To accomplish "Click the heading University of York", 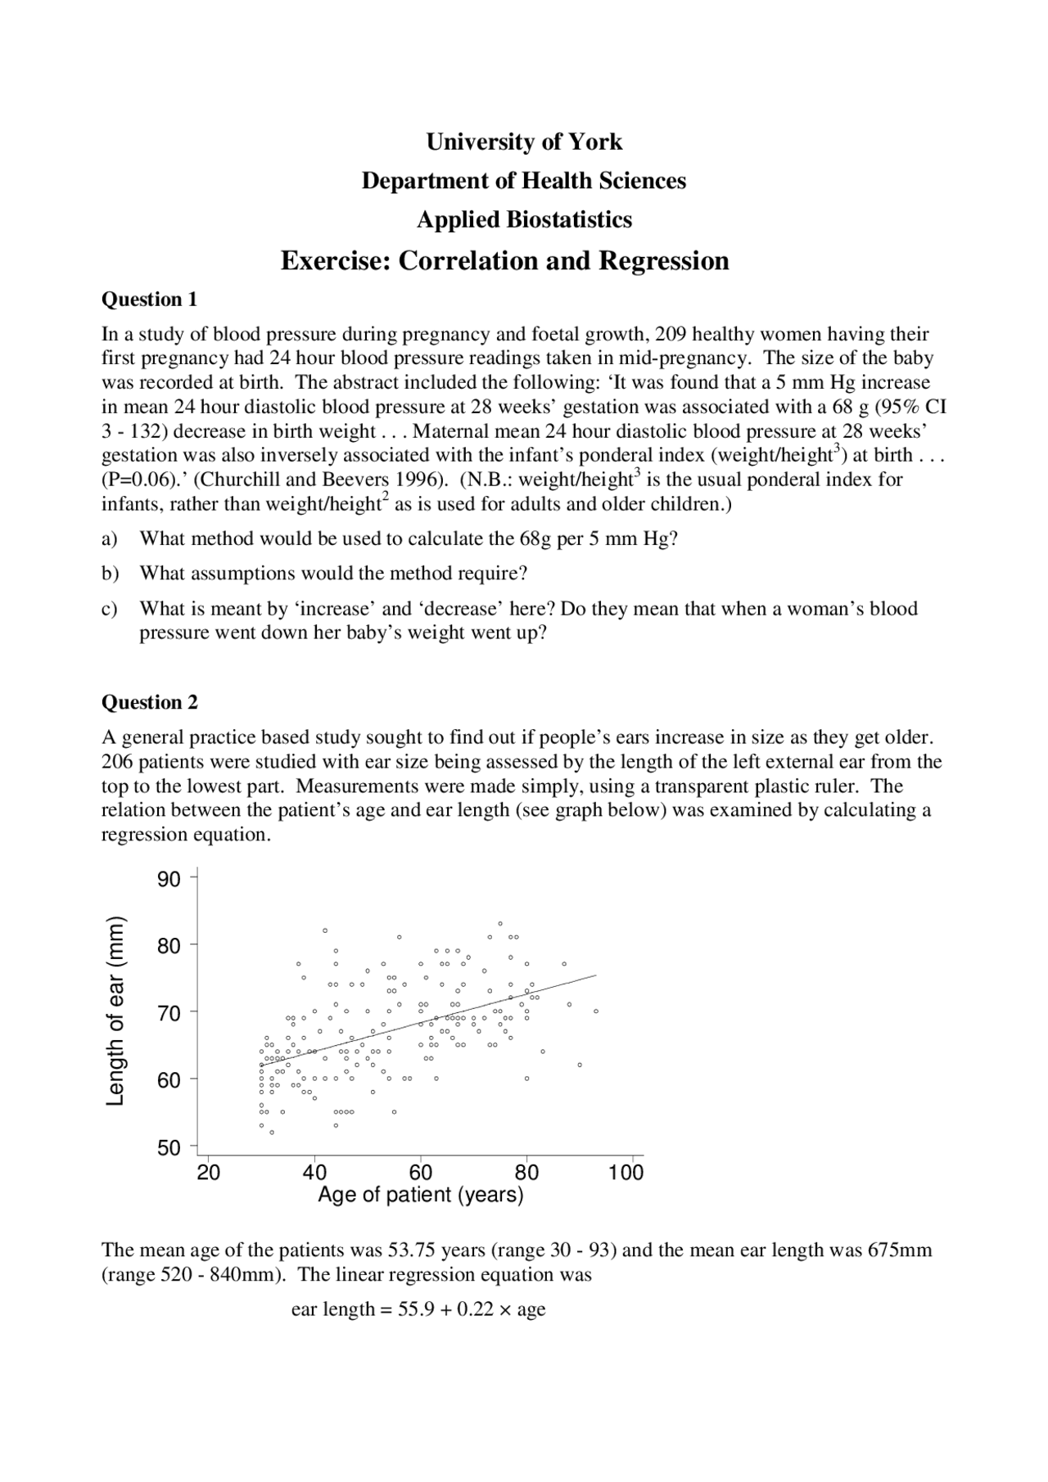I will tap(524, 142).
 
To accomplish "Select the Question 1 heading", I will tap(149, 300).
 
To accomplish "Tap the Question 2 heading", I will tap(149, 702).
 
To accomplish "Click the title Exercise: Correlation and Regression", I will tap(504, 261).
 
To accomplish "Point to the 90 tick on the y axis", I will tap(169, 880).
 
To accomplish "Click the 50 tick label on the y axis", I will tap(169, 1148).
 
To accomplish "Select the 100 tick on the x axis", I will tap(626, 1172).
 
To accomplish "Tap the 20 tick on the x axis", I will tap(209, 1172).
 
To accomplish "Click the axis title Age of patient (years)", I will tap(420, 1196).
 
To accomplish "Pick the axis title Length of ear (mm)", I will tap(116, 1011).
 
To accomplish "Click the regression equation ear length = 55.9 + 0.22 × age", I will tap(418, 1309).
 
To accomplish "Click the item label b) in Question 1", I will tap(110, 573).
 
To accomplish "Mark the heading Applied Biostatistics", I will tap(524, 220).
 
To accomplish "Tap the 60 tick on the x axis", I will tap(421, 1172).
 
